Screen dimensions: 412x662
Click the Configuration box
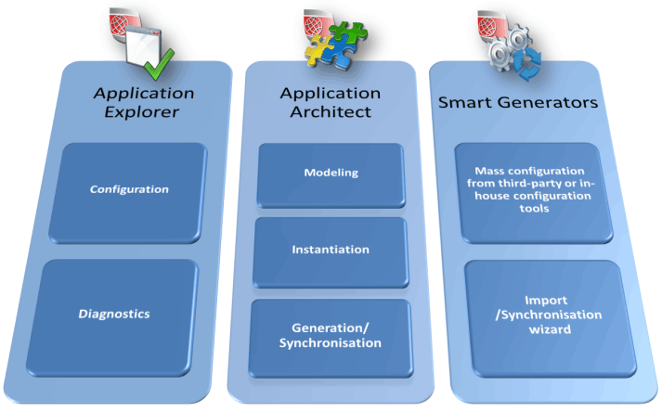[x=129, y=190]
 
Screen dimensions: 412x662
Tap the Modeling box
[x=331, y=174]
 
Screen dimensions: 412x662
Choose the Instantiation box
[x=331, y=250]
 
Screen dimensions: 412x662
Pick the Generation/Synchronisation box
[x=331, y=336]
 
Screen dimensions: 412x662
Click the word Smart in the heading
[x=466, y=102]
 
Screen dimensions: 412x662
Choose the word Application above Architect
[x=331, y=93]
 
